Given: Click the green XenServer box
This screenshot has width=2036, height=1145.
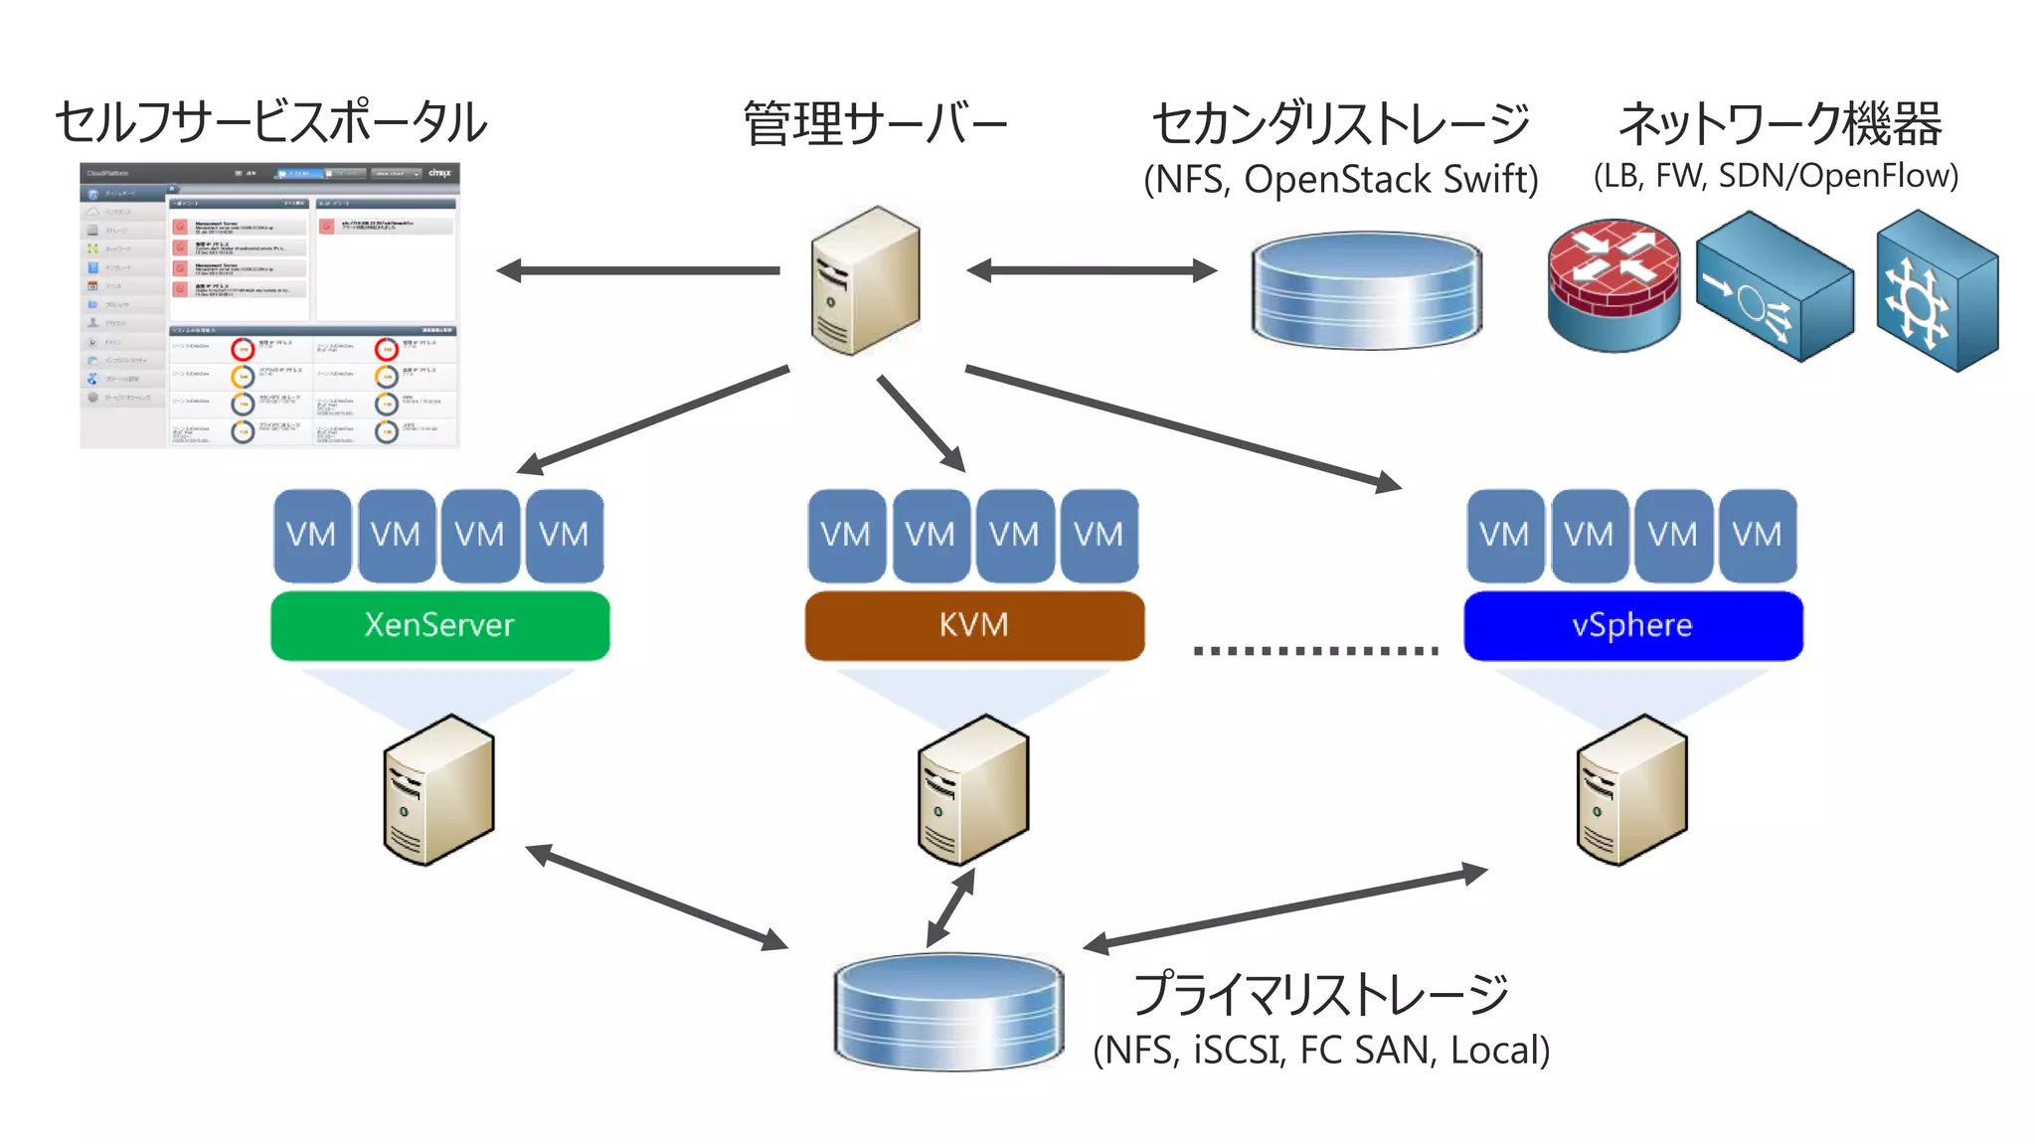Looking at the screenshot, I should [439, 625].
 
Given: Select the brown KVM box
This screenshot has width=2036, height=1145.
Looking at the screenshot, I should [973, 625].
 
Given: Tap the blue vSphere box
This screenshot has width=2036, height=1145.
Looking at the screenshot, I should [1632, 625].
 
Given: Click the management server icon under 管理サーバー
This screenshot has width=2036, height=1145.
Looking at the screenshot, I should [865, 281].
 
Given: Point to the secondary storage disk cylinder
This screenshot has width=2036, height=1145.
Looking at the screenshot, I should [1366, 290].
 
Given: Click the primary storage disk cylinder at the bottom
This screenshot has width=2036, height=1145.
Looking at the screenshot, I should [948, 1012].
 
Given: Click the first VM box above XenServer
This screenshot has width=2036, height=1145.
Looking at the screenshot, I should [311, 535].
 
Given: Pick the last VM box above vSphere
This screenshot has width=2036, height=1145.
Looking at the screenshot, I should [1757, 535].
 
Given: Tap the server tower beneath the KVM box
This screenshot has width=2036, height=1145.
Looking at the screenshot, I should [972, 790].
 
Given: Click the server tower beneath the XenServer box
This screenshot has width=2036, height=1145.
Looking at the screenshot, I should [438, 790].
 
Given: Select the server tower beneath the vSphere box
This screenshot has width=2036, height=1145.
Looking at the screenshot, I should [1631, 790].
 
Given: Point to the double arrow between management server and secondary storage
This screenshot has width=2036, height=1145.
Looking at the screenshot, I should [1092, 270].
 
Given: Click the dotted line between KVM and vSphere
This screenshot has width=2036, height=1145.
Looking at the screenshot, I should [1315, 651].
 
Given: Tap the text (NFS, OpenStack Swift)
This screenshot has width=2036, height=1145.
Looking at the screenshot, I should [1340, 180].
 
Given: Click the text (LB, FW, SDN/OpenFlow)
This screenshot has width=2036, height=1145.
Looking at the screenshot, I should [1776, 176].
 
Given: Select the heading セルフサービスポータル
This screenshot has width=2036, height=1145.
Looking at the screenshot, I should [270, 123].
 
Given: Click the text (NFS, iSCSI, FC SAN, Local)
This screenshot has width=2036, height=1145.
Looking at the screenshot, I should [1321, 1051].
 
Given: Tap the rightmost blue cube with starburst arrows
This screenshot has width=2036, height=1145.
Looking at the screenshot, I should [1936, 291].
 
